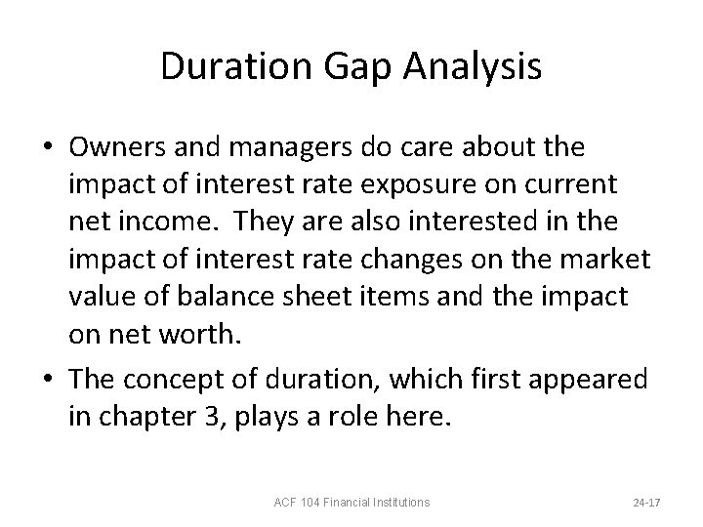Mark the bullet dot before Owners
pos(48,148)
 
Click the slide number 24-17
pos(647,503)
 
